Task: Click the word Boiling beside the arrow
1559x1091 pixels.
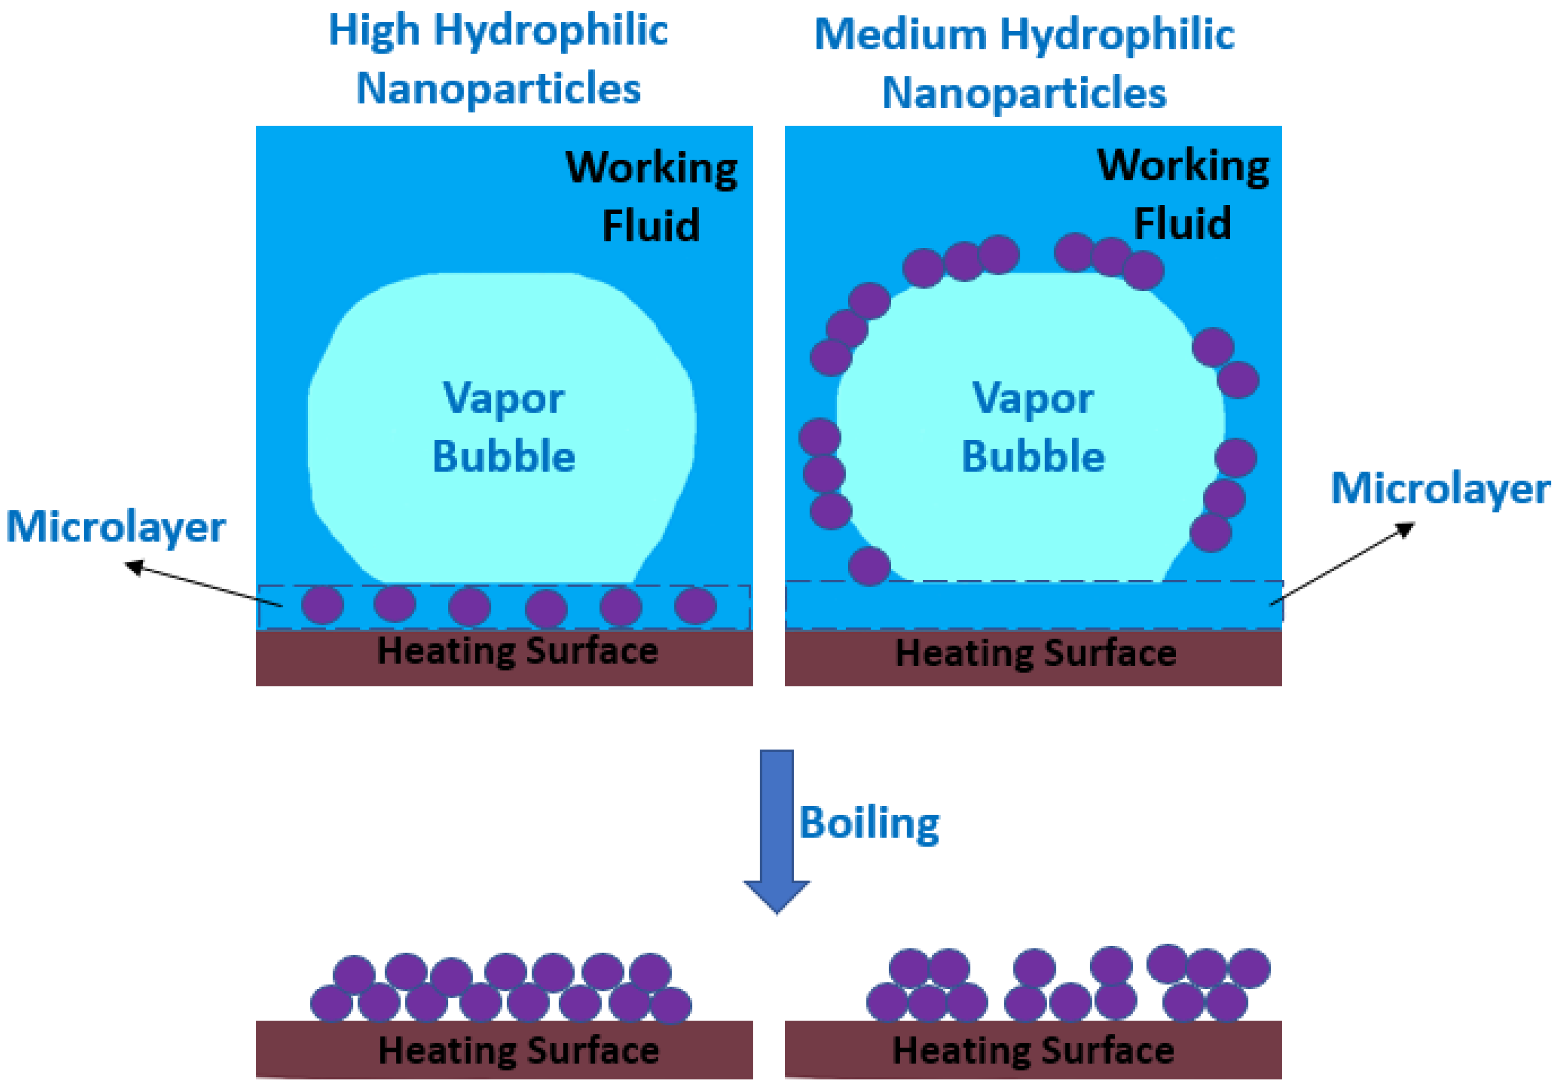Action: click(x=869, y=823)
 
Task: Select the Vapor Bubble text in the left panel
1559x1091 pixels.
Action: click(x=503, y=427)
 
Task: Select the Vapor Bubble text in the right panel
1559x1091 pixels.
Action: click(x=1033, y=427)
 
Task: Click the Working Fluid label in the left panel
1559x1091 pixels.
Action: click(x=651, y=196)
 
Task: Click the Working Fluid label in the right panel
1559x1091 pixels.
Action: click(x=1183, y=194)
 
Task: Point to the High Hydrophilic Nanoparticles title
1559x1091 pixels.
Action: click(x=498, y=59)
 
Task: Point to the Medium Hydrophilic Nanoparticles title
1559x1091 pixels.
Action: click(x=1024, y=63)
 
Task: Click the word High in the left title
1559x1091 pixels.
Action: click(x=374, y=31)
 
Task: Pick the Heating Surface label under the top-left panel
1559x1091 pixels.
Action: click(x=517, y=651)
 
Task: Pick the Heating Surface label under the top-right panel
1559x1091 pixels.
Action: click(x=1035, y=653)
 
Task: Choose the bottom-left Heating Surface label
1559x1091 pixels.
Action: click(x=519, y=1050)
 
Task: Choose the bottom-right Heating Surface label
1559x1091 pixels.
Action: click(x=1033, y=1050)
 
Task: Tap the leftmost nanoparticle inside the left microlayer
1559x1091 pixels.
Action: click(x=322, y=605)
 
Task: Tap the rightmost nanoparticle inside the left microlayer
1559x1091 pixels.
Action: click(x=695, y=605)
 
